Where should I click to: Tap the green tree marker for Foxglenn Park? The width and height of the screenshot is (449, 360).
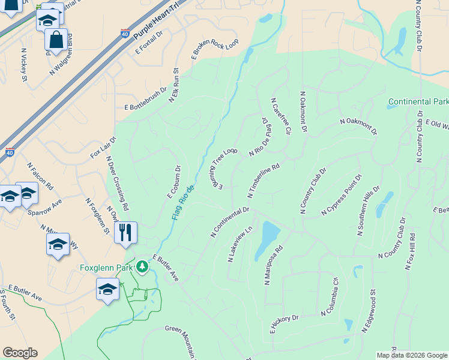click(x=142, y=266)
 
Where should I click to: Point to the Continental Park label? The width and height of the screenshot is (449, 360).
click(x=418, y=101)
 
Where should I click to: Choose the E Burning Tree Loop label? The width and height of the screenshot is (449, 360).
click(x=224, y=167)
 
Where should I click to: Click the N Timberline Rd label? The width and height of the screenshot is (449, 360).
click(x=264, y=181)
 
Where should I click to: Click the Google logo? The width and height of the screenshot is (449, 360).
click(x=20, y=353)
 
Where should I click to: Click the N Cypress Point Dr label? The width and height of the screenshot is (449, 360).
click(x=342, y=195)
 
